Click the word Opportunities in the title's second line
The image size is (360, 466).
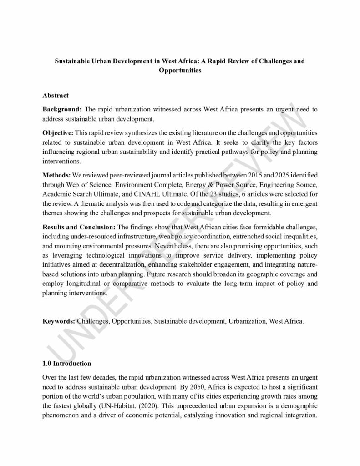tap(180, 71)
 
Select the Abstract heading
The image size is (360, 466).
tap(56, 96)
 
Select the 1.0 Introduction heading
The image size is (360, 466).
tap(66, 364)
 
